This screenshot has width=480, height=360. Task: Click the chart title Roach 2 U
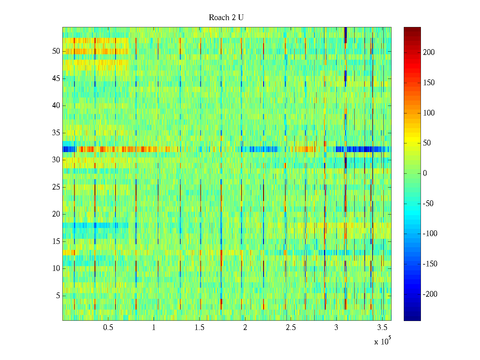tap(226, 18)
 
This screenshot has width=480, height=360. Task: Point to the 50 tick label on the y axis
tap(56, 51)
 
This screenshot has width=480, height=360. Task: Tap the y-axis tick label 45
tap(56, 79)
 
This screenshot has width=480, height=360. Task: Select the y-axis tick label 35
tap(56, 133)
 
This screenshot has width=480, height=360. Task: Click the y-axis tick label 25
tap(56, 187)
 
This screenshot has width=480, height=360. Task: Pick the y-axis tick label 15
tap(56, 241)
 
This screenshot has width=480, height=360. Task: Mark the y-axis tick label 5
tap(58, 296)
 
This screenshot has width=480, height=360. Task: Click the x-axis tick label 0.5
tap(108, 328)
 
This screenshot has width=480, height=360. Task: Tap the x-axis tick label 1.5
tap(199, 328)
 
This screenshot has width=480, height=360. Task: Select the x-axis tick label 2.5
tap(291, 328)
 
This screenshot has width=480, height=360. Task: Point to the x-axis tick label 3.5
tap(382, 328)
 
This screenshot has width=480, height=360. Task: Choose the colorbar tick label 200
tap(429, 52)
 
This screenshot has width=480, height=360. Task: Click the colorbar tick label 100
tap(429, 113)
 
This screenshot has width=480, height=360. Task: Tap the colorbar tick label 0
tap(425, 173)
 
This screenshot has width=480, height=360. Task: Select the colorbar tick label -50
tap(428, 204)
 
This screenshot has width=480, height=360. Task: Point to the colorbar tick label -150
tap(430, 264)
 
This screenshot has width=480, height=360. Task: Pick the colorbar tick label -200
tap(430, 294)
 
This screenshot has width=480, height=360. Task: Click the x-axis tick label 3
tap(336, 328)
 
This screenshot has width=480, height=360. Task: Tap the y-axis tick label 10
tap(56, 268)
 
